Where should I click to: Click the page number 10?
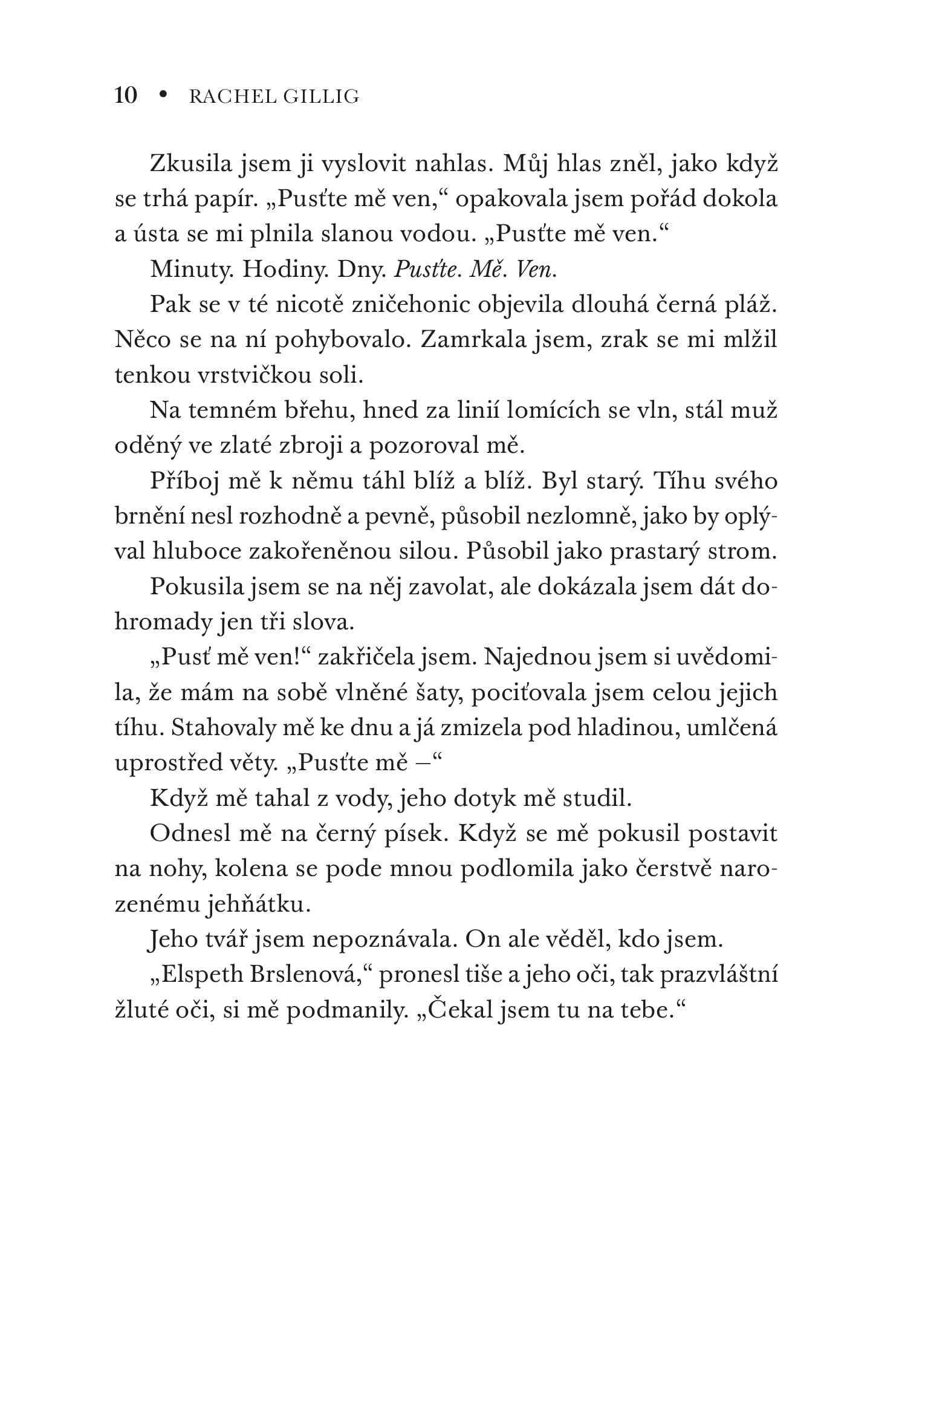[x=126, y=96]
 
